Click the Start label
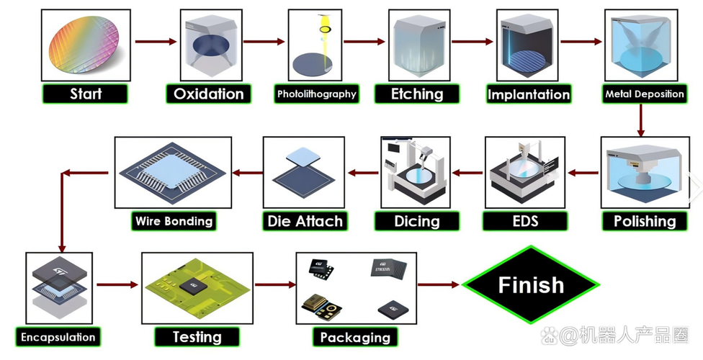pos(85,94)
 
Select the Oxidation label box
pos(208,94)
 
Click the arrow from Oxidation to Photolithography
pos(264,42)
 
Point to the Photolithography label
pos(316,94)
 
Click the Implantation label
pos(528,94)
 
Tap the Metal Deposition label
pos(644,94)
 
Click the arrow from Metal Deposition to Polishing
pos(640,122)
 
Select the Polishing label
pos(644,221)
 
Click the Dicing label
pos(416,221)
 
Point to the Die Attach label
pos(305,221)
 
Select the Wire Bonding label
pos(174,221)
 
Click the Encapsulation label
pos(58,337)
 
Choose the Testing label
pos(197,336)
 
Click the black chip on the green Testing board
pos(193,285)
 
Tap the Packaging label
pos(354,337)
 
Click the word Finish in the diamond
pos(531,285)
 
